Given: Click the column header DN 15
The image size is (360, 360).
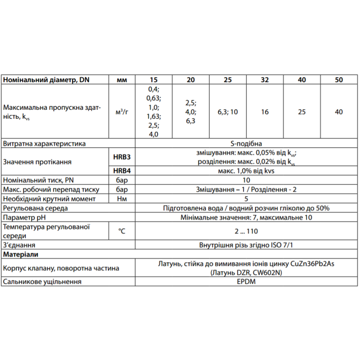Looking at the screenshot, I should point(153,80).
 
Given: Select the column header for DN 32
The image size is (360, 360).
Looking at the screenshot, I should point(265,80).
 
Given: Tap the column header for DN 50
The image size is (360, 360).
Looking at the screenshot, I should point(339,80).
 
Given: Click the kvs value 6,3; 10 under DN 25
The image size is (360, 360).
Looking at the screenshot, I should point(227,112).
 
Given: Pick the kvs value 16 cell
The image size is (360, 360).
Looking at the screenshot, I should point(265,112).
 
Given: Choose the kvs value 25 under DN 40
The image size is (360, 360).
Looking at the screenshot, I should point(302,112).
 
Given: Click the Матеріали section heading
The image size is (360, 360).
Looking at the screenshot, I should point(21,255).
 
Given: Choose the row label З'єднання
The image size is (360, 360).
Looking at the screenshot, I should point(19,245).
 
